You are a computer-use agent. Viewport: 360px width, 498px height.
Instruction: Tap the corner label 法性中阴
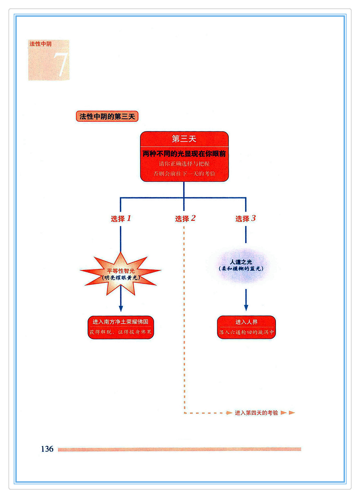point(40,44)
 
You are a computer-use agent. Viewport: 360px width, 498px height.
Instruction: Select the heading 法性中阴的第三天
point(107,116)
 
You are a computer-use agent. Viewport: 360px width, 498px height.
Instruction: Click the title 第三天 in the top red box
point(184,139)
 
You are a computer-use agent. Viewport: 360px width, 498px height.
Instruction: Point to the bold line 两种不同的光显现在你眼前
point(184,154)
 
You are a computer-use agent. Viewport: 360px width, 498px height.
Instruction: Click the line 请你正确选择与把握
point(184,164)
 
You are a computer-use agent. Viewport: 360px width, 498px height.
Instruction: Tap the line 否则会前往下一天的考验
point(184,174)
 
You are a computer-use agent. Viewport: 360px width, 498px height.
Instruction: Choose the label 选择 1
point(121,218)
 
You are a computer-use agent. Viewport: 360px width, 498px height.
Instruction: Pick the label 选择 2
point(185,218)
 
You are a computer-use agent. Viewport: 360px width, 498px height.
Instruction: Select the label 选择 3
point(245,218)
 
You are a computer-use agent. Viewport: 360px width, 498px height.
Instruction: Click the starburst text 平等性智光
point(121,271)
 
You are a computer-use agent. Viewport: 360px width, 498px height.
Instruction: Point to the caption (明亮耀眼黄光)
point(121,278)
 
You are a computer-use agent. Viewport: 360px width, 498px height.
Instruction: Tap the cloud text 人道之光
point(241,262)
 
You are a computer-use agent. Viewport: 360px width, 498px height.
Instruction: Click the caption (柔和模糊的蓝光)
point(241,269)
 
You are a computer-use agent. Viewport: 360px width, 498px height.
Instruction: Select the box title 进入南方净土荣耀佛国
point(121,322)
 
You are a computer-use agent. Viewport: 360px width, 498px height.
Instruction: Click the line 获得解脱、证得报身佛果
point(121,332)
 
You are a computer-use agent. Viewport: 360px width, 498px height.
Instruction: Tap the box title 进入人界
point(246,322)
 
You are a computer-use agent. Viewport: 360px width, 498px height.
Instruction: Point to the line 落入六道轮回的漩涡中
point(246,332)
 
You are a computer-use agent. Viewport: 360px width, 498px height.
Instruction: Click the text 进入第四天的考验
point(256,413)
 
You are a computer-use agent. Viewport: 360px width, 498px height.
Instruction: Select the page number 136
point(47,449)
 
